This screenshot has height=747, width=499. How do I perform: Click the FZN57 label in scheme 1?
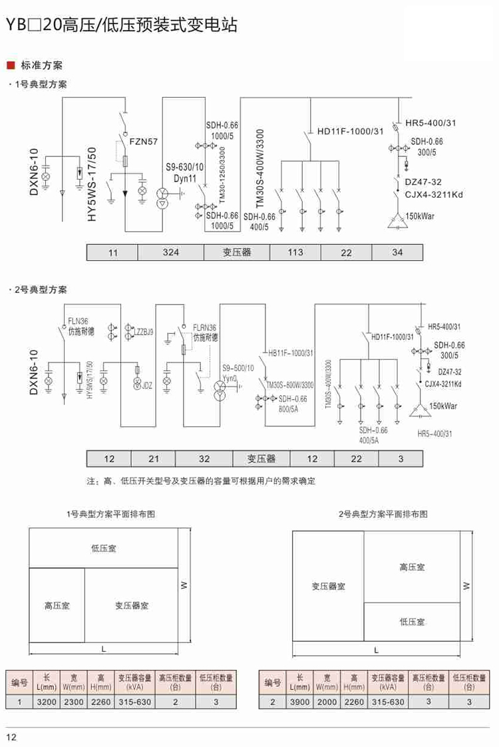(x=144, y=141)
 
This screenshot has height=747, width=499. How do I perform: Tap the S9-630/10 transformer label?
(x=185, y=168)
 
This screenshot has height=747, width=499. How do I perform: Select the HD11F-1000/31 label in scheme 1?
(x=351, y=131)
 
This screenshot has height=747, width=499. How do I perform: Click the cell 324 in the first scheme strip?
(x=171, y=253)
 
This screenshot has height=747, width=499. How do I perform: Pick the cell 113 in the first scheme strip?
(x=295, y=253)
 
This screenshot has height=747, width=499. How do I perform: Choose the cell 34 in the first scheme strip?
(x=397, y=253)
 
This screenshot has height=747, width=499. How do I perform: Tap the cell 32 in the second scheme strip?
(x=204, y=459)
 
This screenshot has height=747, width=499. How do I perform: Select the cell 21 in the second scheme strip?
(x=154, y=459)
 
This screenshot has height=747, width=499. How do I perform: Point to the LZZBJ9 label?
(x=143, y=331)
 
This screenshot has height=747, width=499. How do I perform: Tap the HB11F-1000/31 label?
(x=291, y=353)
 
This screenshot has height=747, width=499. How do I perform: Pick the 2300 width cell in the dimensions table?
(x=73, y=702)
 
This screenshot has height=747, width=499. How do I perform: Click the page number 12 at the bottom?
(x=11, y=736)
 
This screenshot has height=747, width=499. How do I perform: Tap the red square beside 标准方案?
(x=11, y=65)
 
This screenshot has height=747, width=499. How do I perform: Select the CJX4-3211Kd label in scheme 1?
(x=434, y=194)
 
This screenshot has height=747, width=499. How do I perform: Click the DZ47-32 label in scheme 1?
(x=422, y=182)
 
